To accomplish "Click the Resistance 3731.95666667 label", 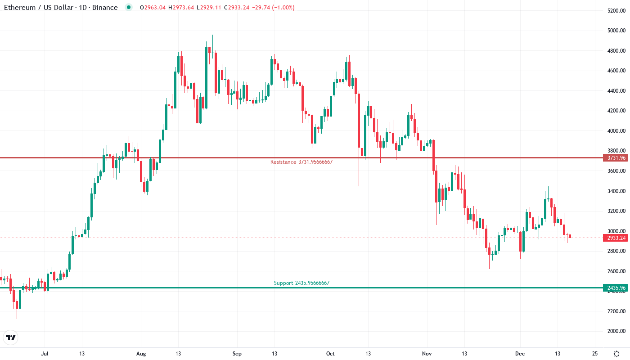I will pyautogui.click(x=301, y=162).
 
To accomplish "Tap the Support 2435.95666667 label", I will pyautogui.click(x=301, y=283).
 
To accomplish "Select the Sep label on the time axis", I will pyautogui.click(x=237, y=354).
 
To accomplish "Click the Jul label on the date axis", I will pyautogui.click(x=45, y=354).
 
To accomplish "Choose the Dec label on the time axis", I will pyautogui.click(x=520, y=354).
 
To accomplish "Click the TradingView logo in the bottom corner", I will pyautogui.click(x=11, y=337).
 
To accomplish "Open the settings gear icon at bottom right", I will pyautogui.click(x=616, y=354).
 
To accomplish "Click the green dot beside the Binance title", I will pyautogui.click(x=129, y=8).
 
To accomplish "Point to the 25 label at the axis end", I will pyautogui.click(x=595, y=354).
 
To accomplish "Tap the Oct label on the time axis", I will pyautogui.click(x=330, y=354).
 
